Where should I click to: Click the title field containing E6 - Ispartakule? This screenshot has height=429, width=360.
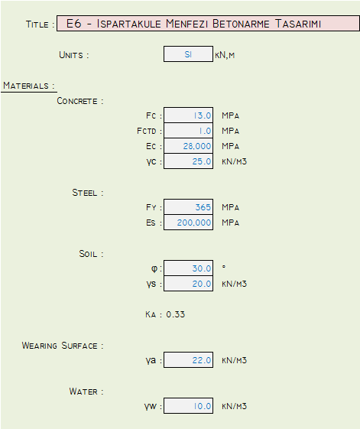(x=208, y=24)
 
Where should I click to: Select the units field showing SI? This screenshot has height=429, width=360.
(x=188, y=54)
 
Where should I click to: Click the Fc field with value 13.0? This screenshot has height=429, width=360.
(x=188, y=115)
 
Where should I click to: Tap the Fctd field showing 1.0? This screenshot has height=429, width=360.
(x=188, y=131)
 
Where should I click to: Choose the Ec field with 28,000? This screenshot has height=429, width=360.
(x=188, y=146)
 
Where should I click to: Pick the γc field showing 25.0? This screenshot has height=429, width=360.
(x=188, y=161)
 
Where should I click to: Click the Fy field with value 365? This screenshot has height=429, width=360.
(x=188, y=206)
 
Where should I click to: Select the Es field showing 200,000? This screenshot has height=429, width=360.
(x=188, y=223)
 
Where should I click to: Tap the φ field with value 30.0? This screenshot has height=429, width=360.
(x=188, y=268)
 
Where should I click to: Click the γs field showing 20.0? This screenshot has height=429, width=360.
(x=188, y=284)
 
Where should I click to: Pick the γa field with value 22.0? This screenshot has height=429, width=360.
(x=188, y=359)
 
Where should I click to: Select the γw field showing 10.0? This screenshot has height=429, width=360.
(x=188, y=406)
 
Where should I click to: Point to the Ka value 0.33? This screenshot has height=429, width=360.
(x=176, y=314)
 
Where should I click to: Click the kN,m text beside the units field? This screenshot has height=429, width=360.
(x=225, y=55)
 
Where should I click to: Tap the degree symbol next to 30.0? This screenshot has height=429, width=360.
(x=224, y=266)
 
